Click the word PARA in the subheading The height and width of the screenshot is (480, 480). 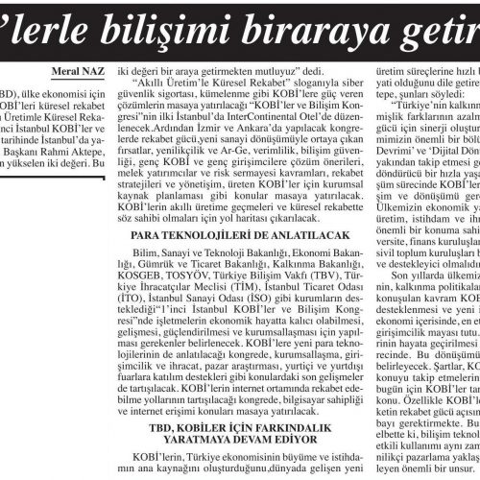[x=150, y=262]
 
